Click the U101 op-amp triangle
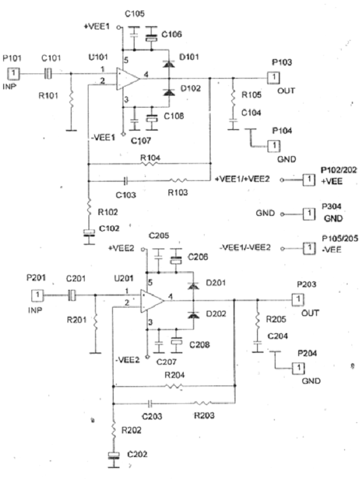[127, 79]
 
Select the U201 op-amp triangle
[152, 301]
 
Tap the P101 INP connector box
[13, 73]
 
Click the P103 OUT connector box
[273, 77]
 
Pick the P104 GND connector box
[274, 146]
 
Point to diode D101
[169, 64]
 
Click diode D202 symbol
[193, 314]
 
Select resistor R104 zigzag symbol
[150, 164]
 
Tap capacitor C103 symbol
[125, 181]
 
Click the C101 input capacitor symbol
[48, 73]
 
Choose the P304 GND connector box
[309, 214]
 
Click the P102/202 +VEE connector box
[309, 180]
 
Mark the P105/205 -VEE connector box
[309, 248]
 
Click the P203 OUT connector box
[298, 300]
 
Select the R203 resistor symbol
[203, 403]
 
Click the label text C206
[198, 257]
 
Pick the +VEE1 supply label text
[97, 27]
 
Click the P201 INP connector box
[37, 295]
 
